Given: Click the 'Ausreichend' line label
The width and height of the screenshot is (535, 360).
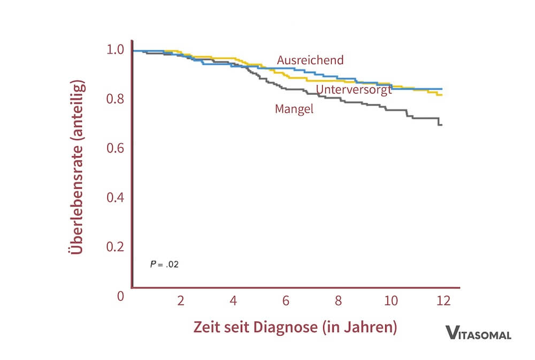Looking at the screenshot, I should coord(310,60).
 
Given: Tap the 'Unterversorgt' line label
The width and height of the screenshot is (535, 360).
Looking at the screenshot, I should coord(354,89).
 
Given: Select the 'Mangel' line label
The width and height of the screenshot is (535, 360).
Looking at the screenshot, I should coord(294,109).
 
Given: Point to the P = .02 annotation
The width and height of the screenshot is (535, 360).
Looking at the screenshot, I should coord(164,264).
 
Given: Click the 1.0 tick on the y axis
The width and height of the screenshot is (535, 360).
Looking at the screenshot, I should coord(116,50).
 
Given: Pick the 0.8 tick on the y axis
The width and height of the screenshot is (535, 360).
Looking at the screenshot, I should coord(116,99).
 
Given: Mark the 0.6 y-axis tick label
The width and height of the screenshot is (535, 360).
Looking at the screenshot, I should coord(116,148).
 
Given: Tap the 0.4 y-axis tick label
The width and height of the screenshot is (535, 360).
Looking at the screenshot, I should coord(116,197).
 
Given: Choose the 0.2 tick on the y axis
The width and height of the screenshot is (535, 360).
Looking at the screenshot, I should coord(116,247).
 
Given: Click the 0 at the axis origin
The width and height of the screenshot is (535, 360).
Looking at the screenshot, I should coord(120,296).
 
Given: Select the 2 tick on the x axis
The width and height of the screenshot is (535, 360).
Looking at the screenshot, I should coord(180,301).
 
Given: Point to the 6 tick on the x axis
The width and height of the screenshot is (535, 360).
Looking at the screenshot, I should coord(286,301).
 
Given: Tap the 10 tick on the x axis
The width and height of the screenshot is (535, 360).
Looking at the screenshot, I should coord(392,301).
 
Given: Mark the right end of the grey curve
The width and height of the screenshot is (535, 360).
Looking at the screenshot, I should coord(441,125).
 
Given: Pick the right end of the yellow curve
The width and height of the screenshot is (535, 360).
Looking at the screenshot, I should coord(441,95).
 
